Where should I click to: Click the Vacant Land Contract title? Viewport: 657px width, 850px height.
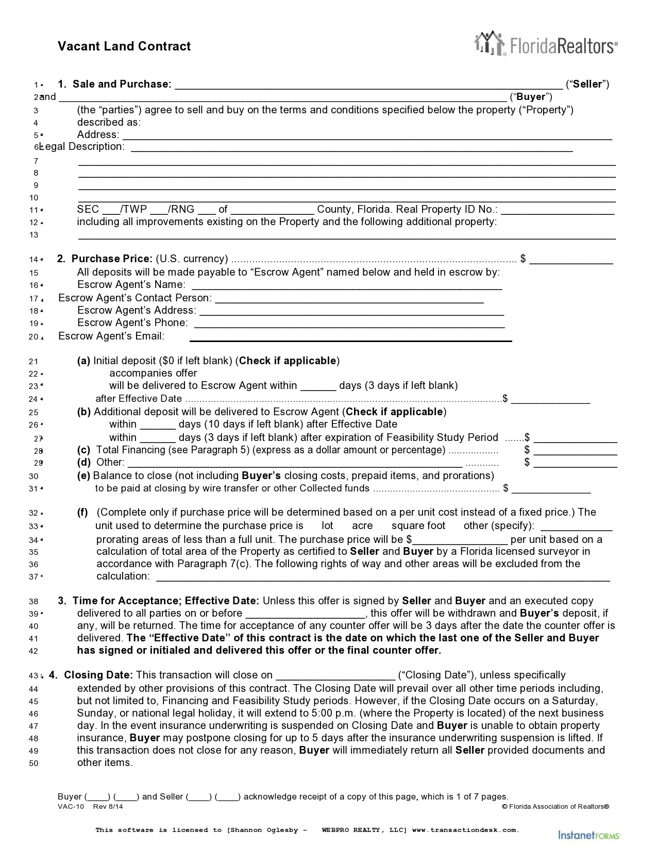(x=124, y=46)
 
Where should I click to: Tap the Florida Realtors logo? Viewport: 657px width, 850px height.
(x=545, y=43)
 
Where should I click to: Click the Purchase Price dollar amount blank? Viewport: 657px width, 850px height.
(x=571, y=260)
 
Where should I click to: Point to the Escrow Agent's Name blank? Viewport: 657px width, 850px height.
(x=346, y=285)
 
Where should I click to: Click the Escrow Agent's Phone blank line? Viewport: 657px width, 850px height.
(x=349, y=324)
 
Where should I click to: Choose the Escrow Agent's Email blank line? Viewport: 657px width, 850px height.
(x=350, y=337)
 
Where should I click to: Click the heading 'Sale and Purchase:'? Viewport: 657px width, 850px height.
(x=122, y=84)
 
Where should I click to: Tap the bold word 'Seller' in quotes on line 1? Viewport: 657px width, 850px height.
(x=587, y=84)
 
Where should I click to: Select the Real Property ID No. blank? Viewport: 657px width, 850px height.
(x=558, y=210)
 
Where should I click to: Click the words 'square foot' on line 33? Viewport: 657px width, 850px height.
(x=418, y=526)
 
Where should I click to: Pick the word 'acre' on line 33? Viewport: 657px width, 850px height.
(x=362, y=526)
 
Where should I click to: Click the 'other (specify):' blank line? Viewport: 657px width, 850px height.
(x=577, y=527)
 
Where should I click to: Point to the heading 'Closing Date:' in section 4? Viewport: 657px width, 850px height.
(x=98, y=675)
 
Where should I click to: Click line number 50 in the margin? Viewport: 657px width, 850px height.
(x=33, y=763)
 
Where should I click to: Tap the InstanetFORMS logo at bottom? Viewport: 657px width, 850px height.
(x=589, y=834)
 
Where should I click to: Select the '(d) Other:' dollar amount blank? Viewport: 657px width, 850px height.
(x=575, y=463)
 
